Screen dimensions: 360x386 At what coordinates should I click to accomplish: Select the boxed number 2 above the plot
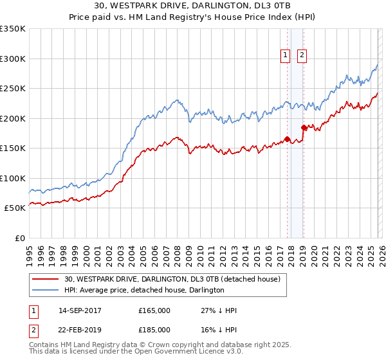coord(301,56)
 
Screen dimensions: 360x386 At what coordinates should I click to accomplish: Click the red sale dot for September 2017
coord(287,139)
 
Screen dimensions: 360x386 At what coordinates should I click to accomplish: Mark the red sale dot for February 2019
coord(303,127)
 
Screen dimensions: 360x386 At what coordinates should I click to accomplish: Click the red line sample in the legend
coord(45,280)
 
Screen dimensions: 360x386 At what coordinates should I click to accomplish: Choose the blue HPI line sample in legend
coord(45,291)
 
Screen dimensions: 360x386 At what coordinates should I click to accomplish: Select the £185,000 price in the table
coord(154,329)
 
